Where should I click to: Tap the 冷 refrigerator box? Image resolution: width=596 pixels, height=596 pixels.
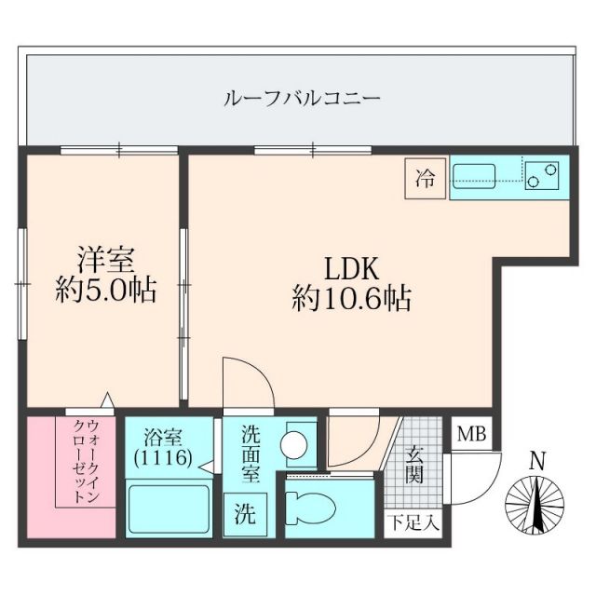pos(426,178)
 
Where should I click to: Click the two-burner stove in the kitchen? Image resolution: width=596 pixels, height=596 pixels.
pos(542,174)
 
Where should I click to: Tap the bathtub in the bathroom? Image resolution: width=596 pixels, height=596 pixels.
pos(168,508)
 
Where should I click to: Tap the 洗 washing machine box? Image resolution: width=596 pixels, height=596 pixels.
pos(244,511)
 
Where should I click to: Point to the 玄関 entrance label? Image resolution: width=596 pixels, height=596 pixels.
pos(414,465)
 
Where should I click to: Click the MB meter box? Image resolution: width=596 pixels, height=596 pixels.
pos(468,435)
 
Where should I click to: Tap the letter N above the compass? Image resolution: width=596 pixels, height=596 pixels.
pos(536,460)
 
